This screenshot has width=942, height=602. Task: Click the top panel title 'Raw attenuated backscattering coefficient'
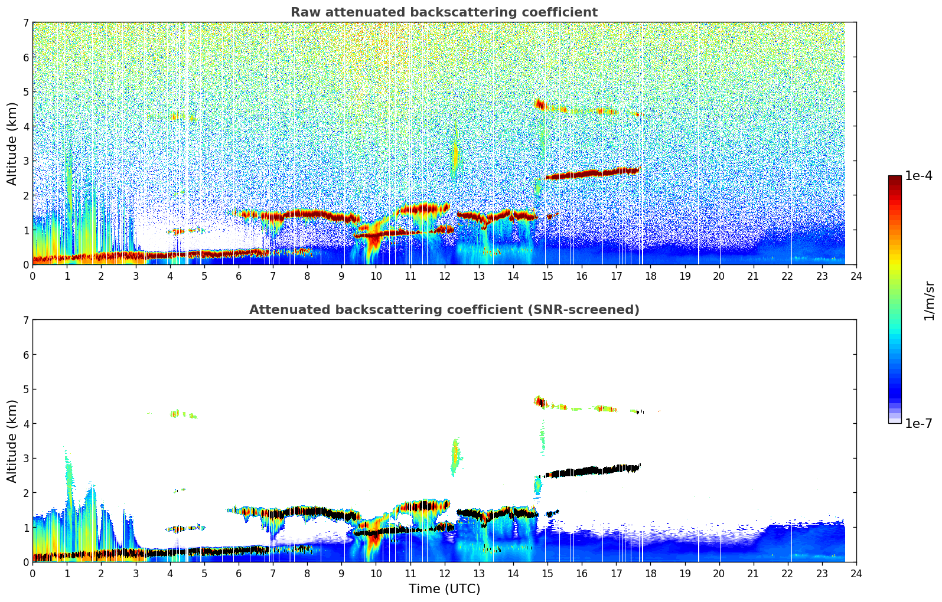(x=444, y=12)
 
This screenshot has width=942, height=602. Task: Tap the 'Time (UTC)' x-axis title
(x=444, y=589)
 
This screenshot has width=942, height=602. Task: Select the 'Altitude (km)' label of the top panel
(x=12, y=143)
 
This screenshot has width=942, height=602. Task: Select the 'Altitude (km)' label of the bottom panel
(x=12, y=441)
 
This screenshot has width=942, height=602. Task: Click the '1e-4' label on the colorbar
(x=918, y=176)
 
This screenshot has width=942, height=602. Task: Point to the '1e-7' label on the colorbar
(x=918, y=423)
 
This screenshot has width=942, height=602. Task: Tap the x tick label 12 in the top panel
(x=444, y=276)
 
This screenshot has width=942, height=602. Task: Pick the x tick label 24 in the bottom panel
(x=856, y=573)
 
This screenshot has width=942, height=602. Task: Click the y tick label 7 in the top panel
(x=25, y=23)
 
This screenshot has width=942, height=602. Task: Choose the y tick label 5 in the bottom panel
(x=25, y=390)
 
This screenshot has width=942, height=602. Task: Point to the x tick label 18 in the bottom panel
(x=650, y=573)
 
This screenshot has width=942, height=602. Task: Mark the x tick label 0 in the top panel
(x=32, y=276)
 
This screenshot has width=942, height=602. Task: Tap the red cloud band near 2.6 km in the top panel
(x=591, y=174)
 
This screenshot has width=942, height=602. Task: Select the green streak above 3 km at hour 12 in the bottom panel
(x=455, y=456)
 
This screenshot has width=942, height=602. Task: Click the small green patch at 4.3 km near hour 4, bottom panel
(x=175, y=414)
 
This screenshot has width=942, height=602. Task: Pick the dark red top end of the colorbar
(x=894, y=179)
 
